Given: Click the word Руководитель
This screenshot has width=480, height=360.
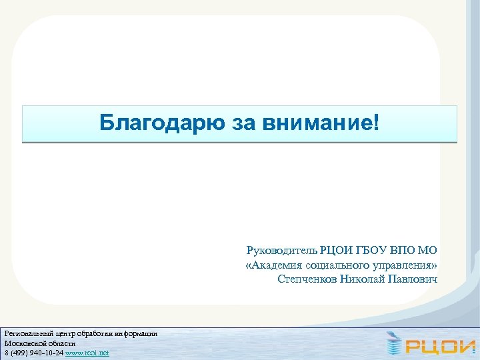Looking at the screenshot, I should [x=281, y=251].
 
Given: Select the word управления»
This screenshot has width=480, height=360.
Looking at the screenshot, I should [x=405, y=265].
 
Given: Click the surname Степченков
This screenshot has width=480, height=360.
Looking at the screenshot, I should [x=306, y=279].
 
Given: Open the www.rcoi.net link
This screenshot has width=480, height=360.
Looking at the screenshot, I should [x=87, y=352].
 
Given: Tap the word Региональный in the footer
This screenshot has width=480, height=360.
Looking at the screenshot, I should [x=26, y=333].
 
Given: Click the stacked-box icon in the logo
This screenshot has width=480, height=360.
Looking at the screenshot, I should [x=394, y=344].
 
